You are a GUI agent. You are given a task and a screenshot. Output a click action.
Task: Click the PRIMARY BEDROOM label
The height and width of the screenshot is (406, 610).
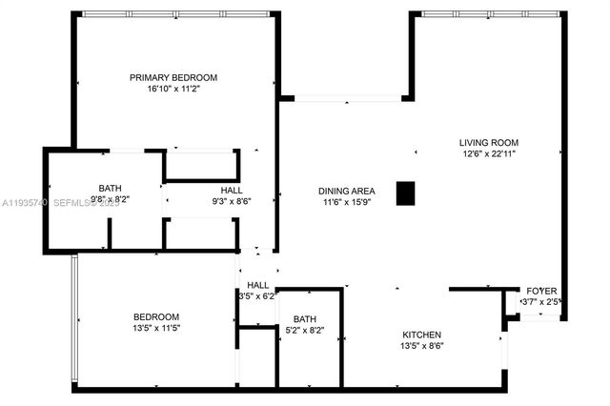click(x=174, y=77)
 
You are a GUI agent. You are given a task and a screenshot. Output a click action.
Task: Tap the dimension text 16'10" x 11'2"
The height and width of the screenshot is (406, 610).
click(x=174, y=89)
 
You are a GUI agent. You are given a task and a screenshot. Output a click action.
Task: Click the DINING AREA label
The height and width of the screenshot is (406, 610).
click(x=345, y=190)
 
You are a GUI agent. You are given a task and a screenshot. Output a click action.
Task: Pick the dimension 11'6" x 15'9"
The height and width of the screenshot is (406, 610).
click(x=345, y=201)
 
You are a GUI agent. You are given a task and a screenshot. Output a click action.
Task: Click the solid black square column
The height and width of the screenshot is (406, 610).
click(x=407, y=193)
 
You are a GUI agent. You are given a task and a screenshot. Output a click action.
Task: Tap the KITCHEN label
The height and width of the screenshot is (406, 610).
click(x=421, y=335)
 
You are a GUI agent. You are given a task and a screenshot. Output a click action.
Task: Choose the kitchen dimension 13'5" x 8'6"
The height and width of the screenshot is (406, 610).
click(x=421, y=346)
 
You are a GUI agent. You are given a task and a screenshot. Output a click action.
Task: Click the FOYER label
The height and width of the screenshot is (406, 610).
click(x=542, y=291)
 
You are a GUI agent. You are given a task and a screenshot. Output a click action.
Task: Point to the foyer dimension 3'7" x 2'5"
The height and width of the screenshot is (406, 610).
click(x=541, y=302)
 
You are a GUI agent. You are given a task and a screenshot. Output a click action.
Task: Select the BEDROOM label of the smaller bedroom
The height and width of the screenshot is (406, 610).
click(x=155, y=316)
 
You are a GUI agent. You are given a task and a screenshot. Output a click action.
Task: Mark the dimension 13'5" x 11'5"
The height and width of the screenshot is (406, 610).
click(x=155, y=328)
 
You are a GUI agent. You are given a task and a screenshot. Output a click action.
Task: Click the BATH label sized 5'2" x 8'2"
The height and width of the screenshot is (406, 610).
click(x=305, y=319)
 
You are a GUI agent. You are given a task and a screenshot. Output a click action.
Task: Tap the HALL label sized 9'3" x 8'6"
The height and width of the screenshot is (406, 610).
click(x=232, y=190)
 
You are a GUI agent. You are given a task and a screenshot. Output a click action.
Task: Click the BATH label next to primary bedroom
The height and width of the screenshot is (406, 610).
click(x=111, y=188)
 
